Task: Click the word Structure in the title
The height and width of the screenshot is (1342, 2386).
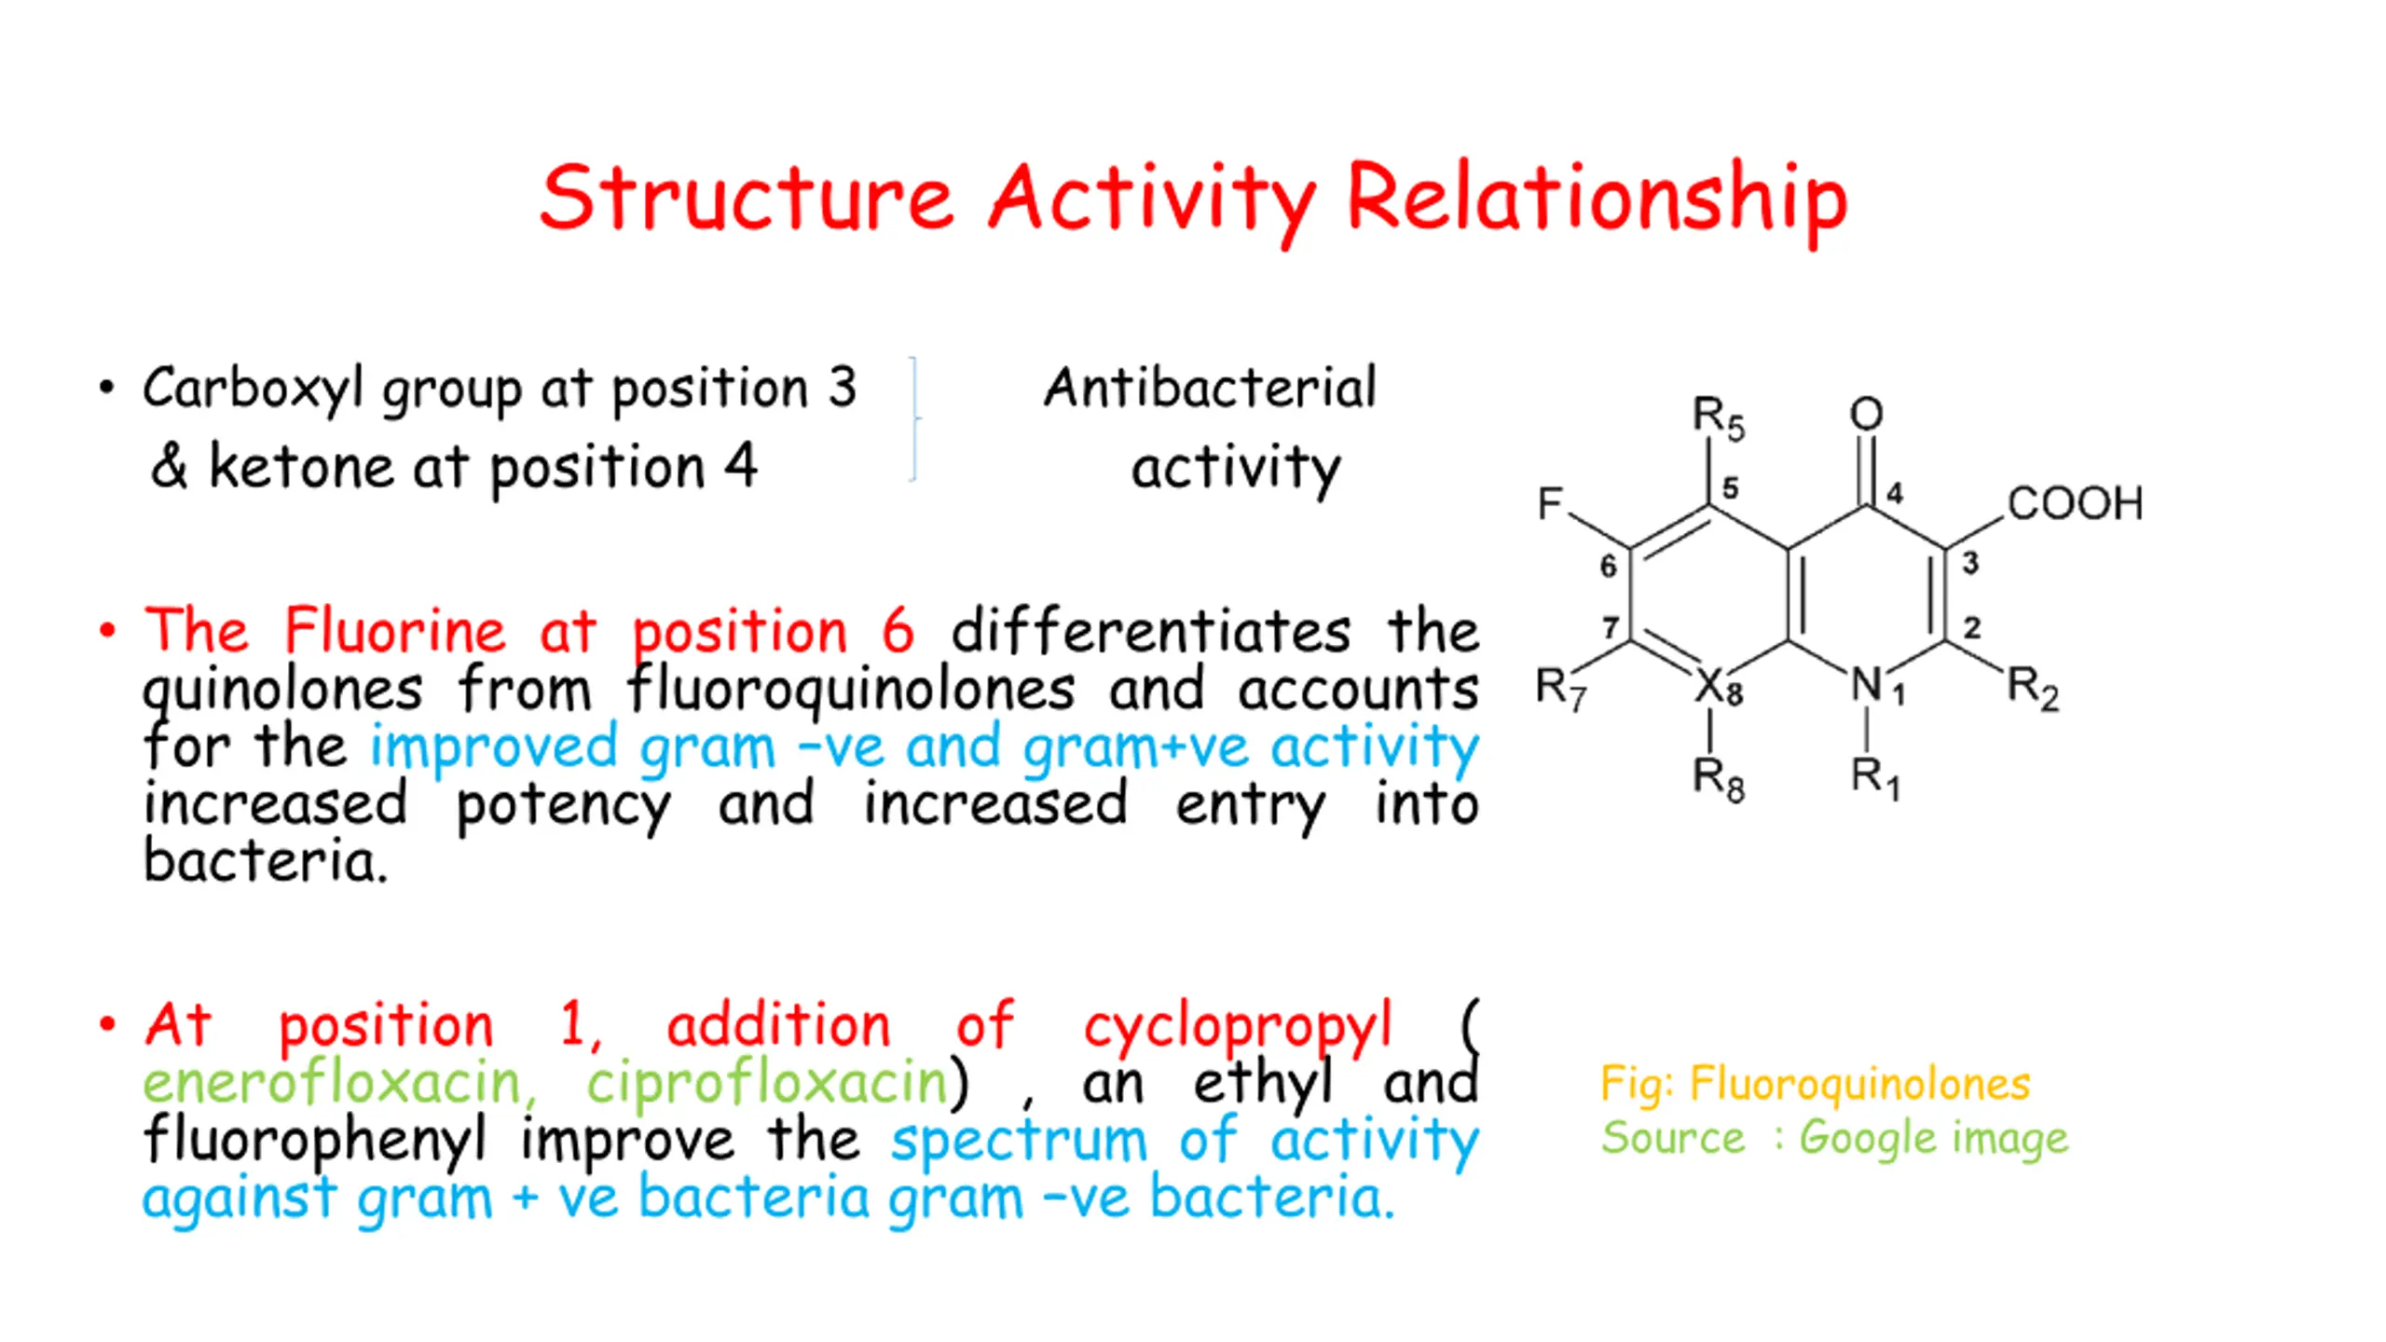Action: (x=746, y=198)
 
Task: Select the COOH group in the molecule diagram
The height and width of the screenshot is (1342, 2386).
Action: (x=2075, y=503)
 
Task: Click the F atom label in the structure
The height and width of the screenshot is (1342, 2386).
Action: (x=1550, y=503)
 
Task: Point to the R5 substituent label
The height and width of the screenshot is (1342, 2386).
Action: (x=1718, y=418)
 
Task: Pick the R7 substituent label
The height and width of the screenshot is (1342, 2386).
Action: (x=1560, y=688)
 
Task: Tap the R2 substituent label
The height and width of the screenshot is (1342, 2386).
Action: (x=2033, y=688)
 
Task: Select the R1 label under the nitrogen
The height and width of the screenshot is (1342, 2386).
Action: (x=1874, y=777)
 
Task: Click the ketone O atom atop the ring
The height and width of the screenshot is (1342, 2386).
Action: (x=1866, y=414)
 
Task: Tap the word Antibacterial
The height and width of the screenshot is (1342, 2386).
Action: (x=1209, y=388)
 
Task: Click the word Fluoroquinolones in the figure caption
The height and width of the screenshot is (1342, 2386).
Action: (x=1859, y=1084)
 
